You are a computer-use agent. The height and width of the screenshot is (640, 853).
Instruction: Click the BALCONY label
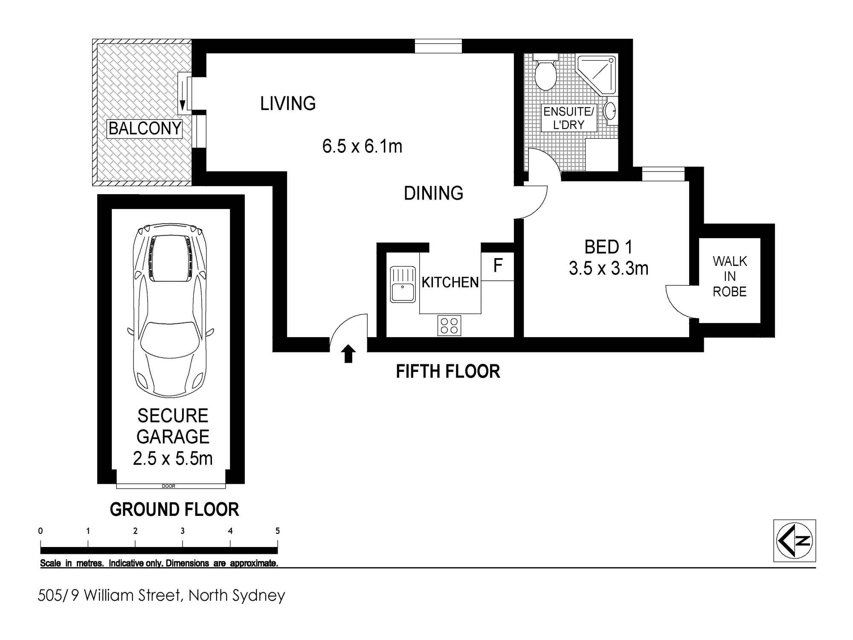[145, 128]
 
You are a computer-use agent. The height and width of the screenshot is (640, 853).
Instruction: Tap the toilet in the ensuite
[545, 75]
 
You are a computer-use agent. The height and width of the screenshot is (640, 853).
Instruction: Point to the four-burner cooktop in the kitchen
[449, 325]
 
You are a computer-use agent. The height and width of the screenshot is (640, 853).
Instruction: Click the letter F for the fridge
[498, 266]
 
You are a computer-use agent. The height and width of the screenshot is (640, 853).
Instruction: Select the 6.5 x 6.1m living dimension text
[362, 146]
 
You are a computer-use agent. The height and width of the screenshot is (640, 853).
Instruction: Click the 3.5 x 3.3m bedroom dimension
[608, 268]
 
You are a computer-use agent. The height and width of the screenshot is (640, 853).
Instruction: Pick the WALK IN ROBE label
[730, 276]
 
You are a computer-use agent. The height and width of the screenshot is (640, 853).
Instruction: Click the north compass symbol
[794, 541]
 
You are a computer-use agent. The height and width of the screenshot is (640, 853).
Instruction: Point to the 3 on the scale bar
[183, 531]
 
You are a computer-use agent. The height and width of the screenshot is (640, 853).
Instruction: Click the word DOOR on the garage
[168, 486]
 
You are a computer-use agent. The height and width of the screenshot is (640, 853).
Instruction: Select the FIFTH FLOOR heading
[448, 372]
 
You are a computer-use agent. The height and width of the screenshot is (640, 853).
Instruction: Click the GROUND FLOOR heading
[174, 509]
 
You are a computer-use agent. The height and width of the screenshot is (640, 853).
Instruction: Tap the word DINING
[433, 193]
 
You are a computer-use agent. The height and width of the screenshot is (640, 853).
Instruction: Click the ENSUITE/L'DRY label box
[568, 118]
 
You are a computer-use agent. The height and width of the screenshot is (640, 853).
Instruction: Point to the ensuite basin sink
[610, 111]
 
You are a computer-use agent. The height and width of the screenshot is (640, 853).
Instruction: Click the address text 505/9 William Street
[161, 595]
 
